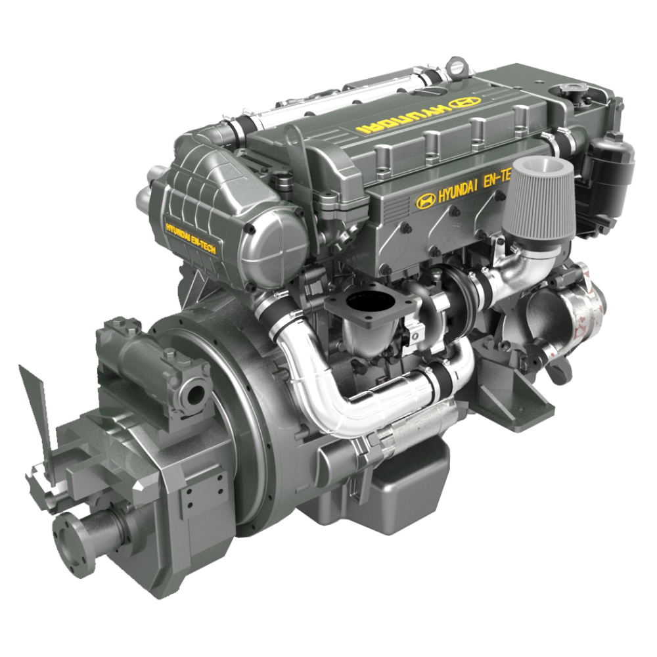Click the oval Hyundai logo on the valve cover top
[464, 102]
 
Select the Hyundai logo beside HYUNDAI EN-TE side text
[426, 200]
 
